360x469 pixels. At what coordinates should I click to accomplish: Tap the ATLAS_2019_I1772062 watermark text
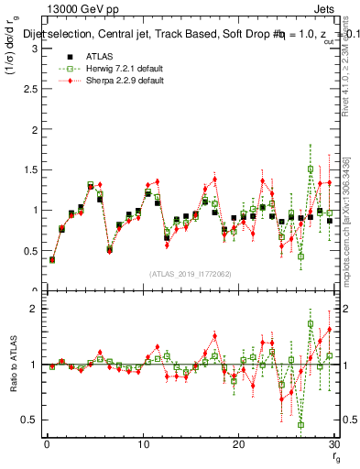(190, 274)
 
